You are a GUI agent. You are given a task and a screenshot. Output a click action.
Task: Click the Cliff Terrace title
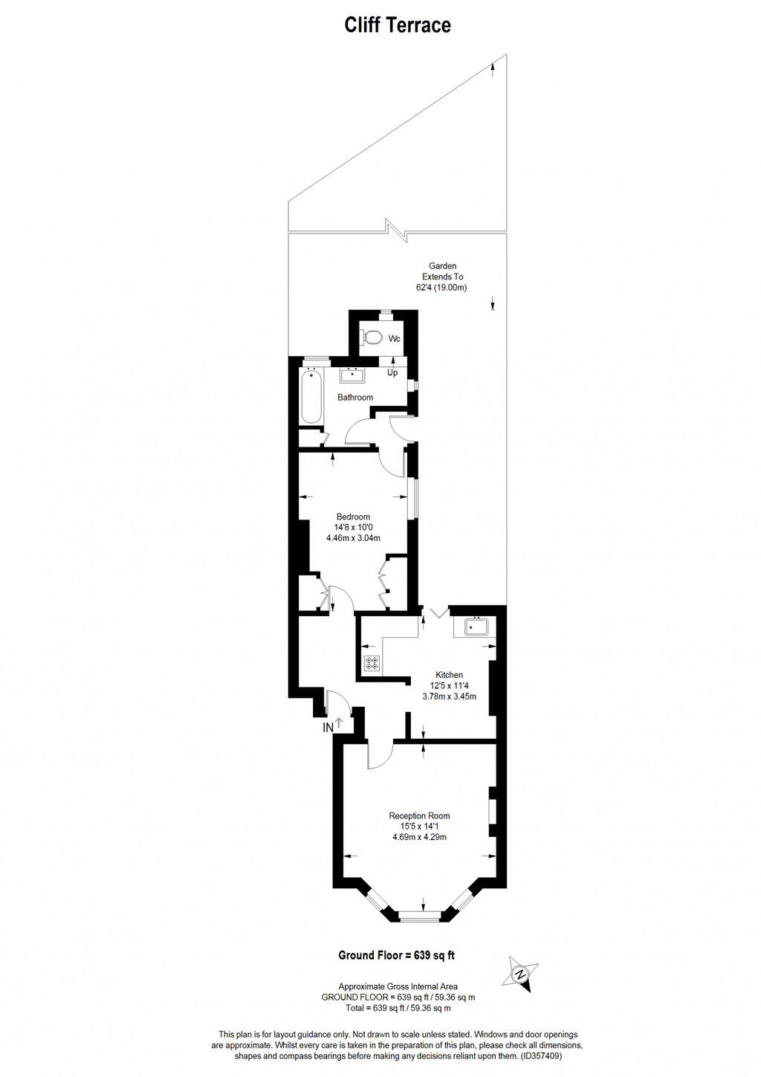pos(398,25)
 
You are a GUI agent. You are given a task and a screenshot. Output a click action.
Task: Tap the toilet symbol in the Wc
pos(372,338)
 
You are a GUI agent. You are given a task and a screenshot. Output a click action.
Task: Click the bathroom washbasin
pos(352,374)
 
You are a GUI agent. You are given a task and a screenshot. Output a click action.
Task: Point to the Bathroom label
pos(355,398)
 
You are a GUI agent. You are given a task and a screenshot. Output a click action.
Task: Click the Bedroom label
pos(353,517)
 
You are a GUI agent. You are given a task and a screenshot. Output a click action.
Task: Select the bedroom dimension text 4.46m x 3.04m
pos(353,538)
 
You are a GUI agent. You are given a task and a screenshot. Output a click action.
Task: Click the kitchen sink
pos(476,627)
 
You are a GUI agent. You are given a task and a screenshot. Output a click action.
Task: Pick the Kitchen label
pos(449,675)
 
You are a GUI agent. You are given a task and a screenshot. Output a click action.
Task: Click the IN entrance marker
pos(328,728)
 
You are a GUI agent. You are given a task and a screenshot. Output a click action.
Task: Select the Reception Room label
pos(419,816)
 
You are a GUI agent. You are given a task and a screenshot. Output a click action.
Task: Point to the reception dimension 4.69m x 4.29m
pos(419,837)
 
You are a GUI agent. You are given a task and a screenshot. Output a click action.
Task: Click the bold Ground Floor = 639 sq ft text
pos(396,955)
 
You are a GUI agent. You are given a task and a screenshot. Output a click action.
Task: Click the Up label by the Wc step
pos(392,372)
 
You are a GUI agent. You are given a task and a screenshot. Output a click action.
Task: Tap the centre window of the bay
pos(421,916)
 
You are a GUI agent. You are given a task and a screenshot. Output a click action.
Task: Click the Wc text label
pos(395,339)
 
